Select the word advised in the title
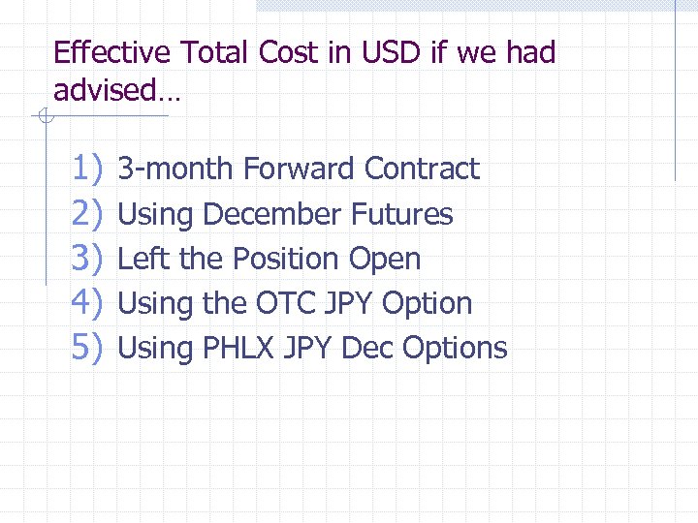[x=104, y=92]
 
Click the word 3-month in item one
[x=175, y=169]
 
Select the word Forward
[x=299, y=169]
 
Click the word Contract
[x=422, y=169]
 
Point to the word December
[x=273, y=214]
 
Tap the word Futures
[x=402, y=214]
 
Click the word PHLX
[x=238, y=348]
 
